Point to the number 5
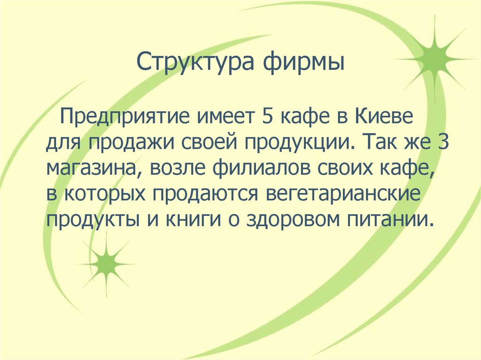click(x=262, y=115)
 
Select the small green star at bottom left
click(x=106, y=264)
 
